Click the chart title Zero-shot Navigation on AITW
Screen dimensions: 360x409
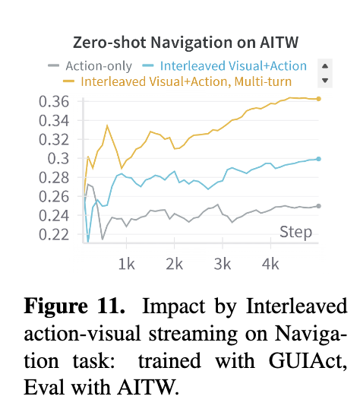(185, 43)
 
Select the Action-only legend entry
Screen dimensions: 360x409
(90, 65)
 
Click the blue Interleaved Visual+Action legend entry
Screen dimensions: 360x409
(225, 65)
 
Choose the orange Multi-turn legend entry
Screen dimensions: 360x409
(177, 81)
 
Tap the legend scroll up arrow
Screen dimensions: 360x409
(325, 66)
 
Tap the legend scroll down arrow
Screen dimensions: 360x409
(325, 81)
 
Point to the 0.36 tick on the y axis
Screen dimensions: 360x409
(54, 102)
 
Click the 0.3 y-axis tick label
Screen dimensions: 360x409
(58, 159)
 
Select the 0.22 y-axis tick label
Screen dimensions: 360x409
(54, 234)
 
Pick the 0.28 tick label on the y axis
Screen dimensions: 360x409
(54, 178)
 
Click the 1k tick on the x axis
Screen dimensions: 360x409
(127, 265)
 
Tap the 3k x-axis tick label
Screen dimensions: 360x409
(223, 265)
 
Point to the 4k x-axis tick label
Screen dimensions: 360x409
(270, 265)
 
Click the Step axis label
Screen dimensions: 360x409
(296, 232)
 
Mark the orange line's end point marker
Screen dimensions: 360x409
(318, 99)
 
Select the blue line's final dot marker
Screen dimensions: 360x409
(318, 159)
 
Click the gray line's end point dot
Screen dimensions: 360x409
(318, 206)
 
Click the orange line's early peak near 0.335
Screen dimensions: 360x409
(107, 125)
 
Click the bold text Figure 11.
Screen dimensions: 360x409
(74, 306)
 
